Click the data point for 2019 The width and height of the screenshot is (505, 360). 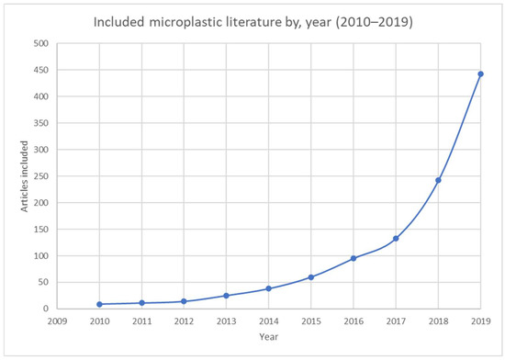click(x=480, y=74)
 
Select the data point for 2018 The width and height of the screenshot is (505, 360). click(x=438, y=180)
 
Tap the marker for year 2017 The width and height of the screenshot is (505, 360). click(x=396, y=239)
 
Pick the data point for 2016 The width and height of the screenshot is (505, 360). click(x=353, y=258)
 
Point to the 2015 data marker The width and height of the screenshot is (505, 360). click(x=310, y=277)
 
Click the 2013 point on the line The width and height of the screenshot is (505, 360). click(x=226, y=296)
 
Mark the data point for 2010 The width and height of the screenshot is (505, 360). click(x=99, y=304)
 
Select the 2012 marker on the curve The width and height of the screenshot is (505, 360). click(x=184, y=301)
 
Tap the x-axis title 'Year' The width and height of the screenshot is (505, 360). click(x=268, y=337)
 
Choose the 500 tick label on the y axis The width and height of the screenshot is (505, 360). click(x=40, y=43)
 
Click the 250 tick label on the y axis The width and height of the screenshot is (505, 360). click(x=40, y=176)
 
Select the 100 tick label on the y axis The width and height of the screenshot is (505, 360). click(x=40, y=255)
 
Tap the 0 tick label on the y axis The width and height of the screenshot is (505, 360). click(x=46, y=309)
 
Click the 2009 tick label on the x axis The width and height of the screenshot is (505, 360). click(x=57, y=322)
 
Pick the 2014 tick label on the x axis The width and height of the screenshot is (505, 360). click(x=268, y=322)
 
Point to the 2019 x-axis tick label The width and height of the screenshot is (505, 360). click(x=480, y=322)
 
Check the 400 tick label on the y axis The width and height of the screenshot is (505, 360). click(x=40, y=96)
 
